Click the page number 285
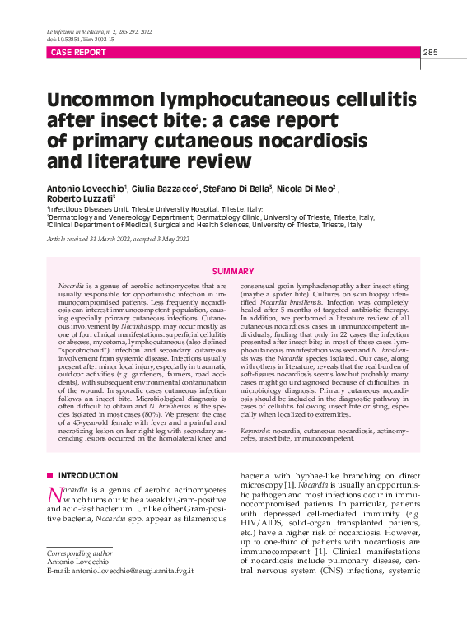click(x=430, y=53)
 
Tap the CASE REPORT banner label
click(x=79, y=53)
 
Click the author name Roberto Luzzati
click(x=80, y=199)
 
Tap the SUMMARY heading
click(x=233, y=272)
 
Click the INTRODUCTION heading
click(x=88, y=476)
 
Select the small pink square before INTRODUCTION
click(x=49, y=476)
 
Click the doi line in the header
click(x=81, y=39)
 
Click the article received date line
click(x=118, y=239)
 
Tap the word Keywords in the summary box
click(x=255, y=432)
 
